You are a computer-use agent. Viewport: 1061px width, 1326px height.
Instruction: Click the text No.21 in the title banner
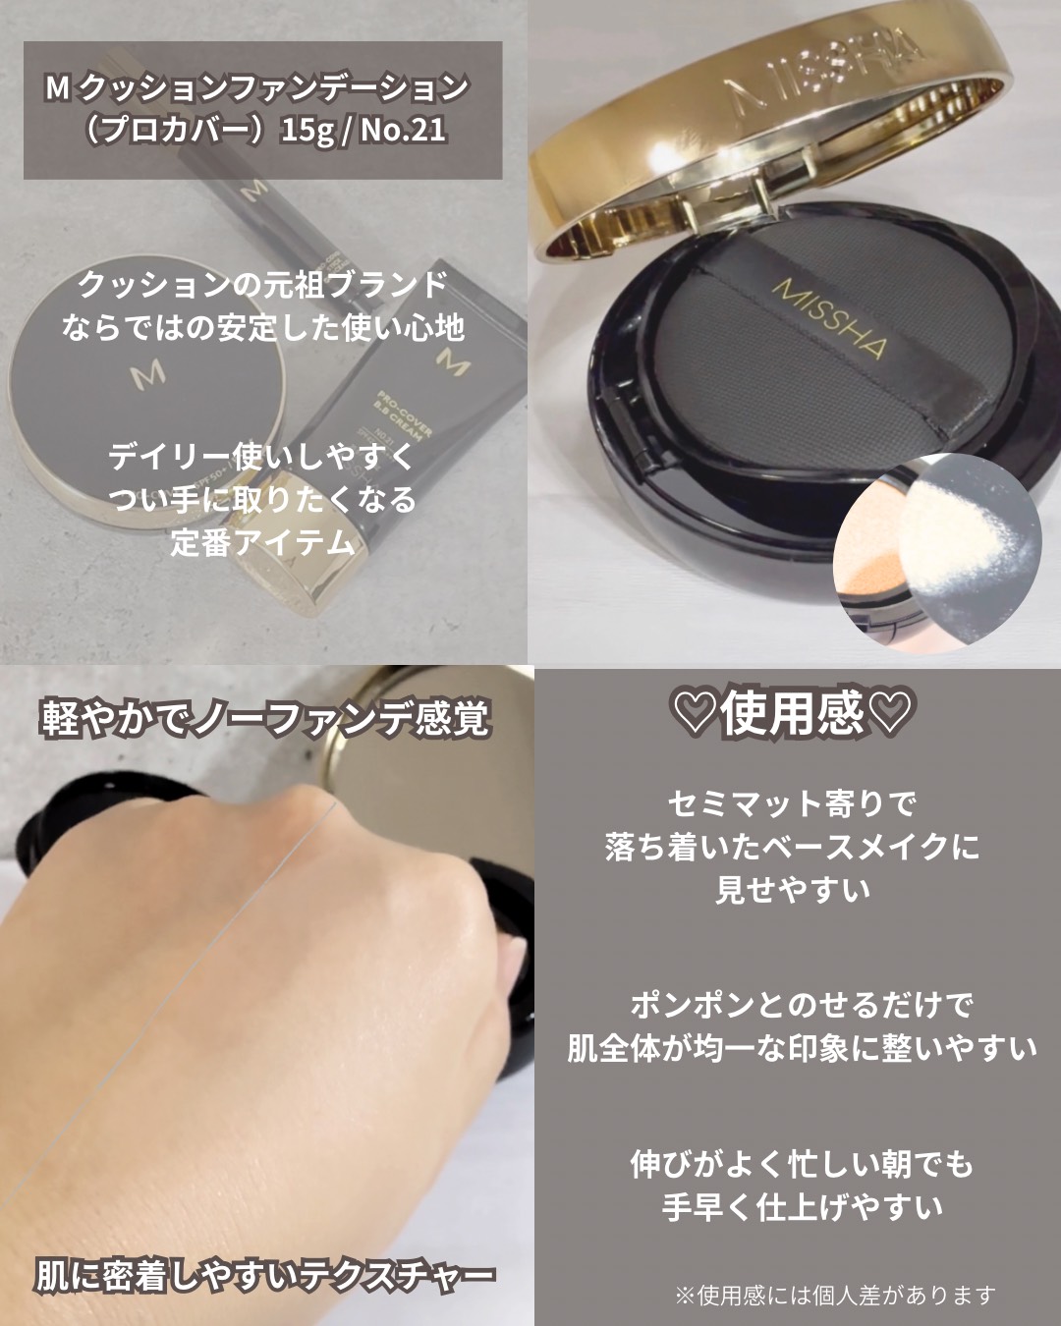(403, 131)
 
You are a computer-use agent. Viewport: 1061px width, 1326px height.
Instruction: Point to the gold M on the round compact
(148, 372)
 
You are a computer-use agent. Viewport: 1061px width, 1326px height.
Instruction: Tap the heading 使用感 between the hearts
(792, 713)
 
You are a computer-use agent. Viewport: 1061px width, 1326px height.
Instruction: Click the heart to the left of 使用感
(696, 713)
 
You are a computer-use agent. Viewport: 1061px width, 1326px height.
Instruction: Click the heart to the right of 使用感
(889, 713)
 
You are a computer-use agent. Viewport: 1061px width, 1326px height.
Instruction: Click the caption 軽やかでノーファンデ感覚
(265, 718)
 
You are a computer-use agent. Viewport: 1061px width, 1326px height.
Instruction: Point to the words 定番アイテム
(263, 543)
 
